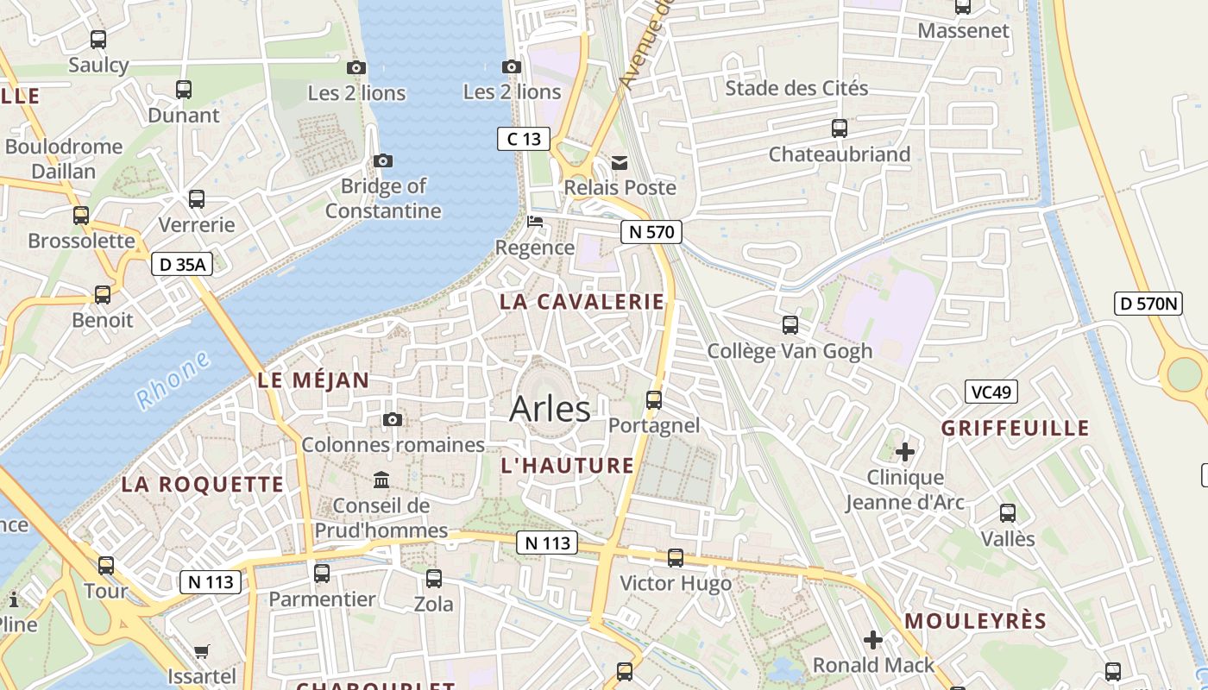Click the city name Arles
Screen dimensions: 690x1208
tap(550, 409)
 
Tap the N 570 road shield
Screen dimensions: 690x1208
tap(651, 231)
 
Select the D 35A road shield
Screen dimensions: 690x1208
tap(182, 264)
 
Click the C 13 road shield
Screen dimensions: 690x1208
tap(524, 138)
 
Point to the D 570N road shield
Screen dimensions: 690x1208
tap(1148, 304)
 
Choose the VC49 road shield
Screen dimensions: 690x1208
tap(991, 392)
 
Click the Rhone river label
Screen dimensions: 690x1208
tap(173, 380)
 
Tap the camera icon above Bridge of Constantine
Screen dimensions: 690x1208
tap(383, 160)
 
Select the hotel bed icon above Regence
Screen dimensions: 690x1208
tap(535, 222)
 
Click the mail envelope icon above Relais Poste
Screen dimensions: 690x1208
tap(620, 162)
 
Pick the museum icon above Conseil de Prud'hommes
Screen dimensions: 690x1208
tap(381, 480)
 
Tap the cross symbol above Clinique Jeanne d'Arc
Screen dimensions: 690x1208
tap(904, 451)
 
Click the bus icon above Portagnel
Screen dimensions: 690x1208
tap(654, 399)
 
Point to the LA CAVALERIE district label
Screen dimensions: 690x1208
tap(582, 302)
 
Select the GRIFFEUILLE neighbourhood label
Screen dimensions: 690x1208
tap(1015, 429)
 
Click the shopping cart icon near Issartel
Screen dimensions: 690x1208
tap(202, 651)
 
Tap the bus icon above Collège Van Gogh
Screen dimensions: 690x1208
tap(790, 325)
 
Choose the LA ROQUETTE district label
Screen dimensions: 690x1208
tap(202, 484)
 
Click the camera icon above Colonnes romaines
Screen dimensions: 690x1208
tap(393, 419)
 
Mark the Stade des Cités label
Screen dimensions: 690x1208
tap(796, 88)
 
